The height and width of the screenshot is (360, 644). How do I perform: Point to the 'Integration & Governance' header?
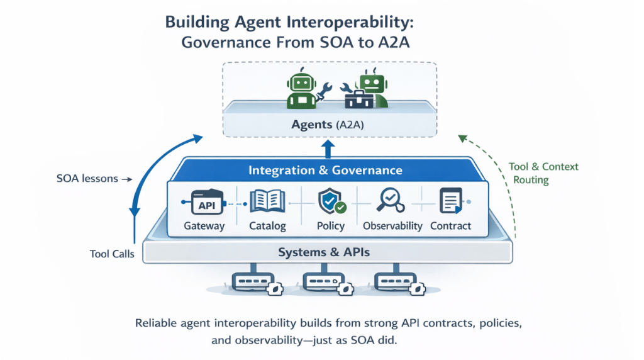pos(325,170)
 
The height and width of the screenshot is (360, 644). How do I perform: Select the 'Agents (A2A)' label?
pos(328,125)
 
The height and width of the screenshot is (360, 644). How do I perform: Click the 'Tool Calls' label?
pos(111,255)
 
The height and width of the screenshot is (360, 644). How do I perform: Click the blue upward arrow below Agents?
pos(327,149)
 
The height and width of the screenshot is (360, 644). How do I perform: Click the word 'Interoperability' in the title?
pos(348,22)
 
